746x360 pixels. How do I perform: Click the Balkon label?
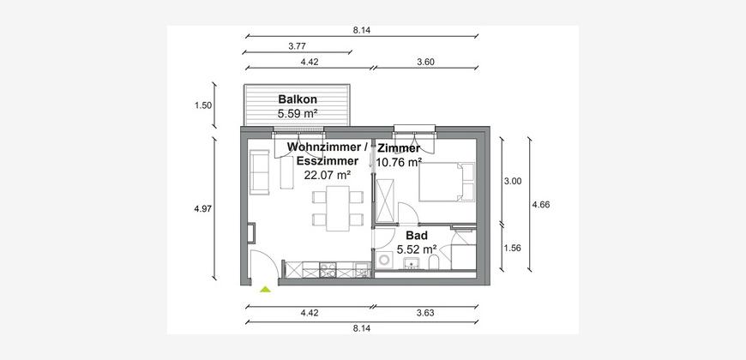coord(298,99)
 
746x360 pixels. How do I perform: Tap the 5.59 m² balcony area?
coord(298,114)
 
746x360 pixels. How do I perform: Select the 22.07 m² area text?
coord(328,175)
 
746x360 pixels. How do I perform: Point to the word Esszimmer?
coord(328,161)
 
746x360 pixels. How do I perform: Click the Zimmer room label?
coord(399,148)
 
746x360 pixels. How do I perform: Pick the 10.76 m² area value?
coord(399,162)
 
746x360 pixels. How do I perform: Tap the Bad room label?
coord(416,235)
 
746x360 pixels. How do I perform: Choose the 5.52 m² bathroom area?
coord(417,249)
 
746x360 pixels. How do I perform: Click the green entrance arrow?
coord(265,289)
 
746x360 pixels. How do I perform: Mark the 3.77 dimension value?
coord(297,46)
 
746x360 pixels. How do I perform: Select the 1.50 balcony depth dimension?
coord(203,105)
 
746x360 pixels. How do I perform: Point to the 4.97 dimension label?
coord(202,207)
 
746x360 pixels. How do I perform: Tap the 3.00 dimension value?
coord(514,181)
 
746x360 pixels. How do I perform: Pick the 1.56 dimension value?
coord(514,248)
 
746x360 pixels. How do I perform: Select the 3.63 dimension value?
coord(425,313)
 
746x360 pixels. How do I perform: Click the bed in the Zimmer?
coord(447,182)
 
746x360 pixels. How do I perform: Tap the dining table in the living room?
coord(338,208)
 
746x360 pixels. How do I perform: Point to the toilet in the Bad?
coord(434,262)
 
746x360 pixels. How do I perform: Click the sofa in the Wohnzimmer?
coord(259,171)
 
